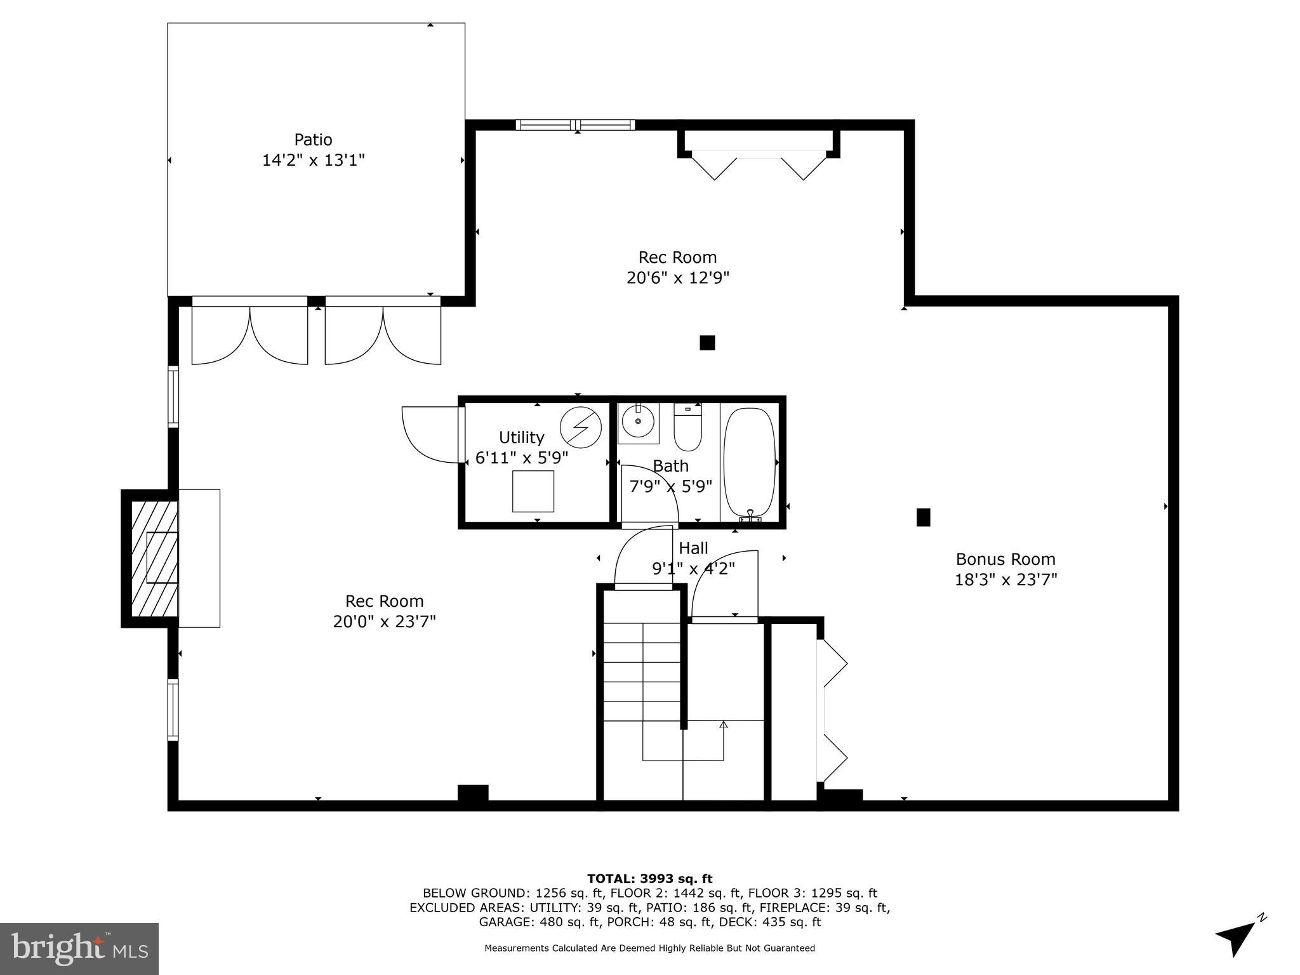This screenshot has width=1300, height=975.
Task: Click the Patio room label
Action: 313,140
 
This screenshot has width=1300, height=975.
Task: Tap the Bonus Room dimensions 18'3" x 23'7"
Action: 1005,580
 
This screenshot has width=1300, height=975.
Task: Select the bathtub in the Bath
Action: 750,462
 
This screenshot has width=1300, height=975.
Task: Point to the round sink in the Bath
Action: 637,421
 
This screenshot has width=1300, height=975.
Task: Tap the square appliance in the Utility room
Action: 533,491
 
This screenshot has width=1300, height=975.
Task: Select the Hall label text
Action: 693,548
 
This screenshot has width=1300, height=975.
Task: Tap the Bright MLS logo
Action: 79,949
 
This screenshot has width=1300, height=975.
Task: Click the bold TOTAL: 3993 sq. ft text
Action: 649,879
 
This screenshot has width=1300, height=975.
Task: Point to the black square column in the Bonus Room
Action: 923,517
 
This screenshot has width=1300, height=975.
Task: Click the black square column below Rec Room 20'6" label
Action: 707,343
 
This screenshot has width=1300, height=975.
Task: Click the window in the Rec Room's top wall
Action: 575,125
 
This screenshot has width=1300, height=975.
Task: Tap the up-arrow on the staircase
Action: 723,726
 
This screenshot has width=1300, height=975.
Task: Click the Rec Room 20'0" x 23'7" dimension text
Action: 384,621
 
